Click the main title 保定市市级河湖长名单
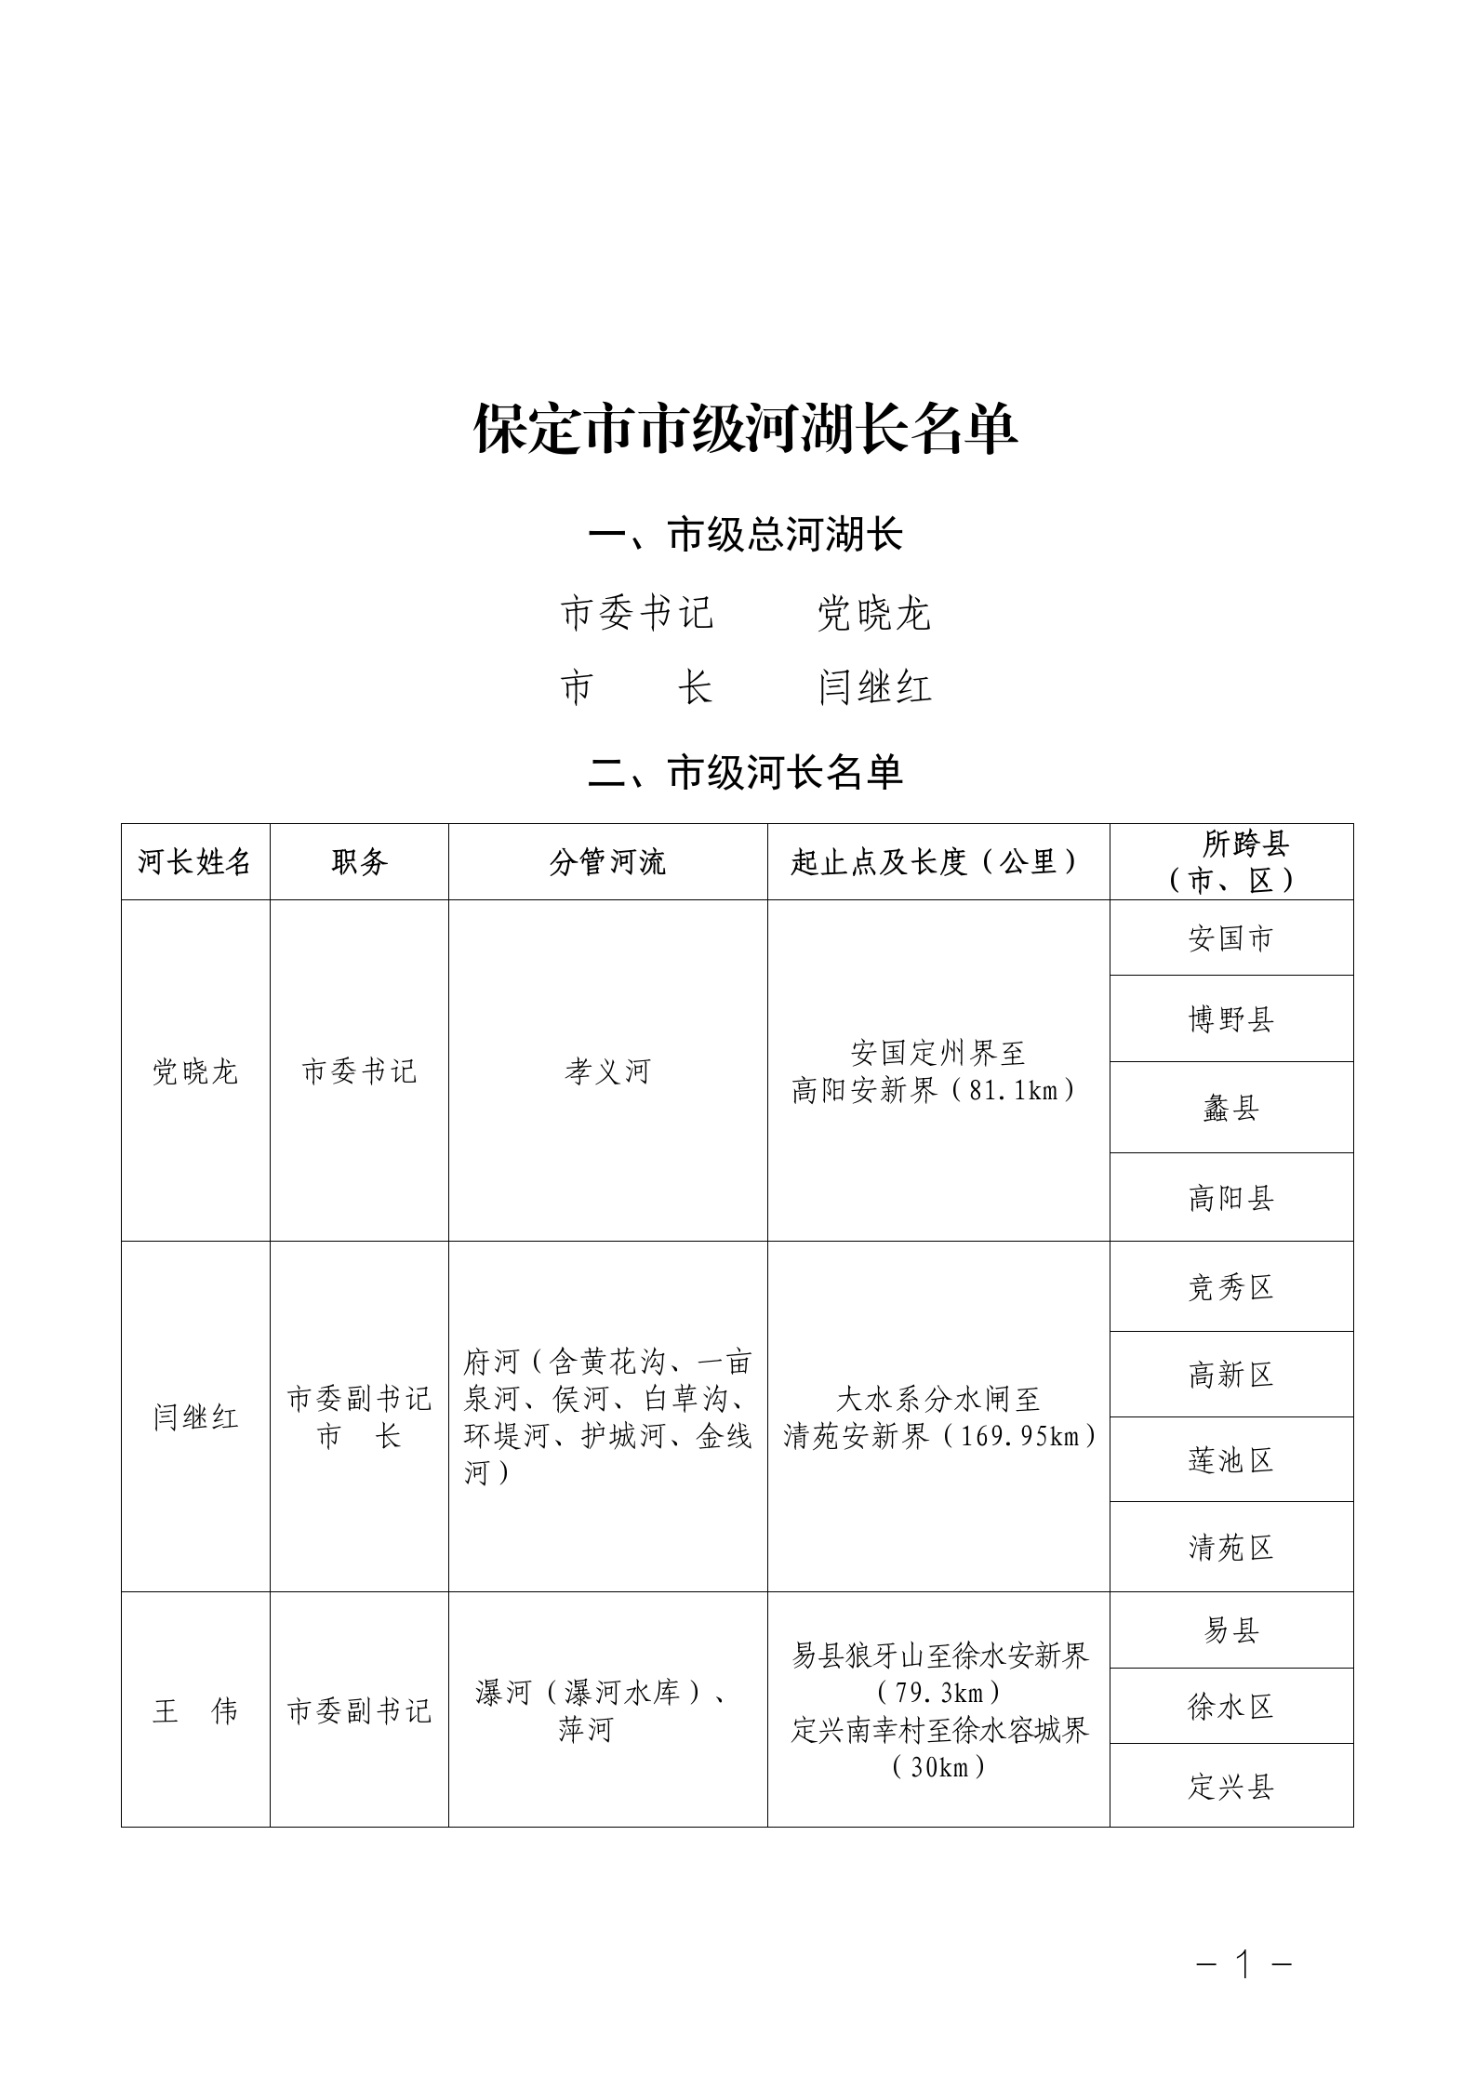746,430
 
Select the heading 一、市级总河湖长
746,536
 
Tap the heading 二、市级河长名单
746,773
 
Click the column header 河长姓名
195,862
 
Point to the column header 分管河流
607,862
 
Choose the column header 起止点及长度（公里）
937,862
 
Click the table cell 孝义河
607,1071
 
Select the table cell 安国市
1230,938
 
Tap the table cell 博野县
1230,1019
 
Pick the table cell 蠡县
1230,1108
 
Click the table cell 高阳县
1230,1198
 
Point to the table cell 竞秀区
1230,1287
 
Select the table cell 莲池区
1230,1460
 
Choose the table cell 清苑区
1230,1548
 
